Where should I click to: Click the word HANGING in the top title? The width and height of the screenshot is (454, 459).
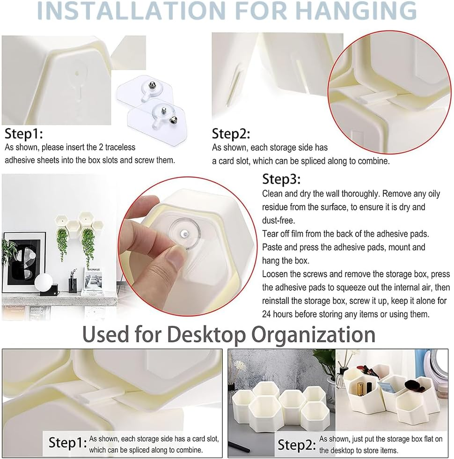point(356,10)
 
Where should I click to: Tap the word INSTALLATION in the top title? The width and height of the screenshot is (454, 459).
point(131,10)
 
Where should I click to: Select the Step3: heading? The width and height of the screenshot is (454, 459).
point(281,179)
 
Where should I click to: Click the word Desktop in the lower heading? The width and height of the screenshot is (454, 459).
point(206,334)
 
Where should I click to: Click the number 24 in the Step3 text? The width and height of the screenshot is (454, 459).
point(266,314)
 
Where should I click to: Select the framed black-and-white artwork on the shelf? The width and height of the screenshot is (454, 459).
point(24,262)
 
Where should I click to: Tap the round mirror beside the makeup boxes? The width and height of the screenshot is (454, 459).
point(439,369)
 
